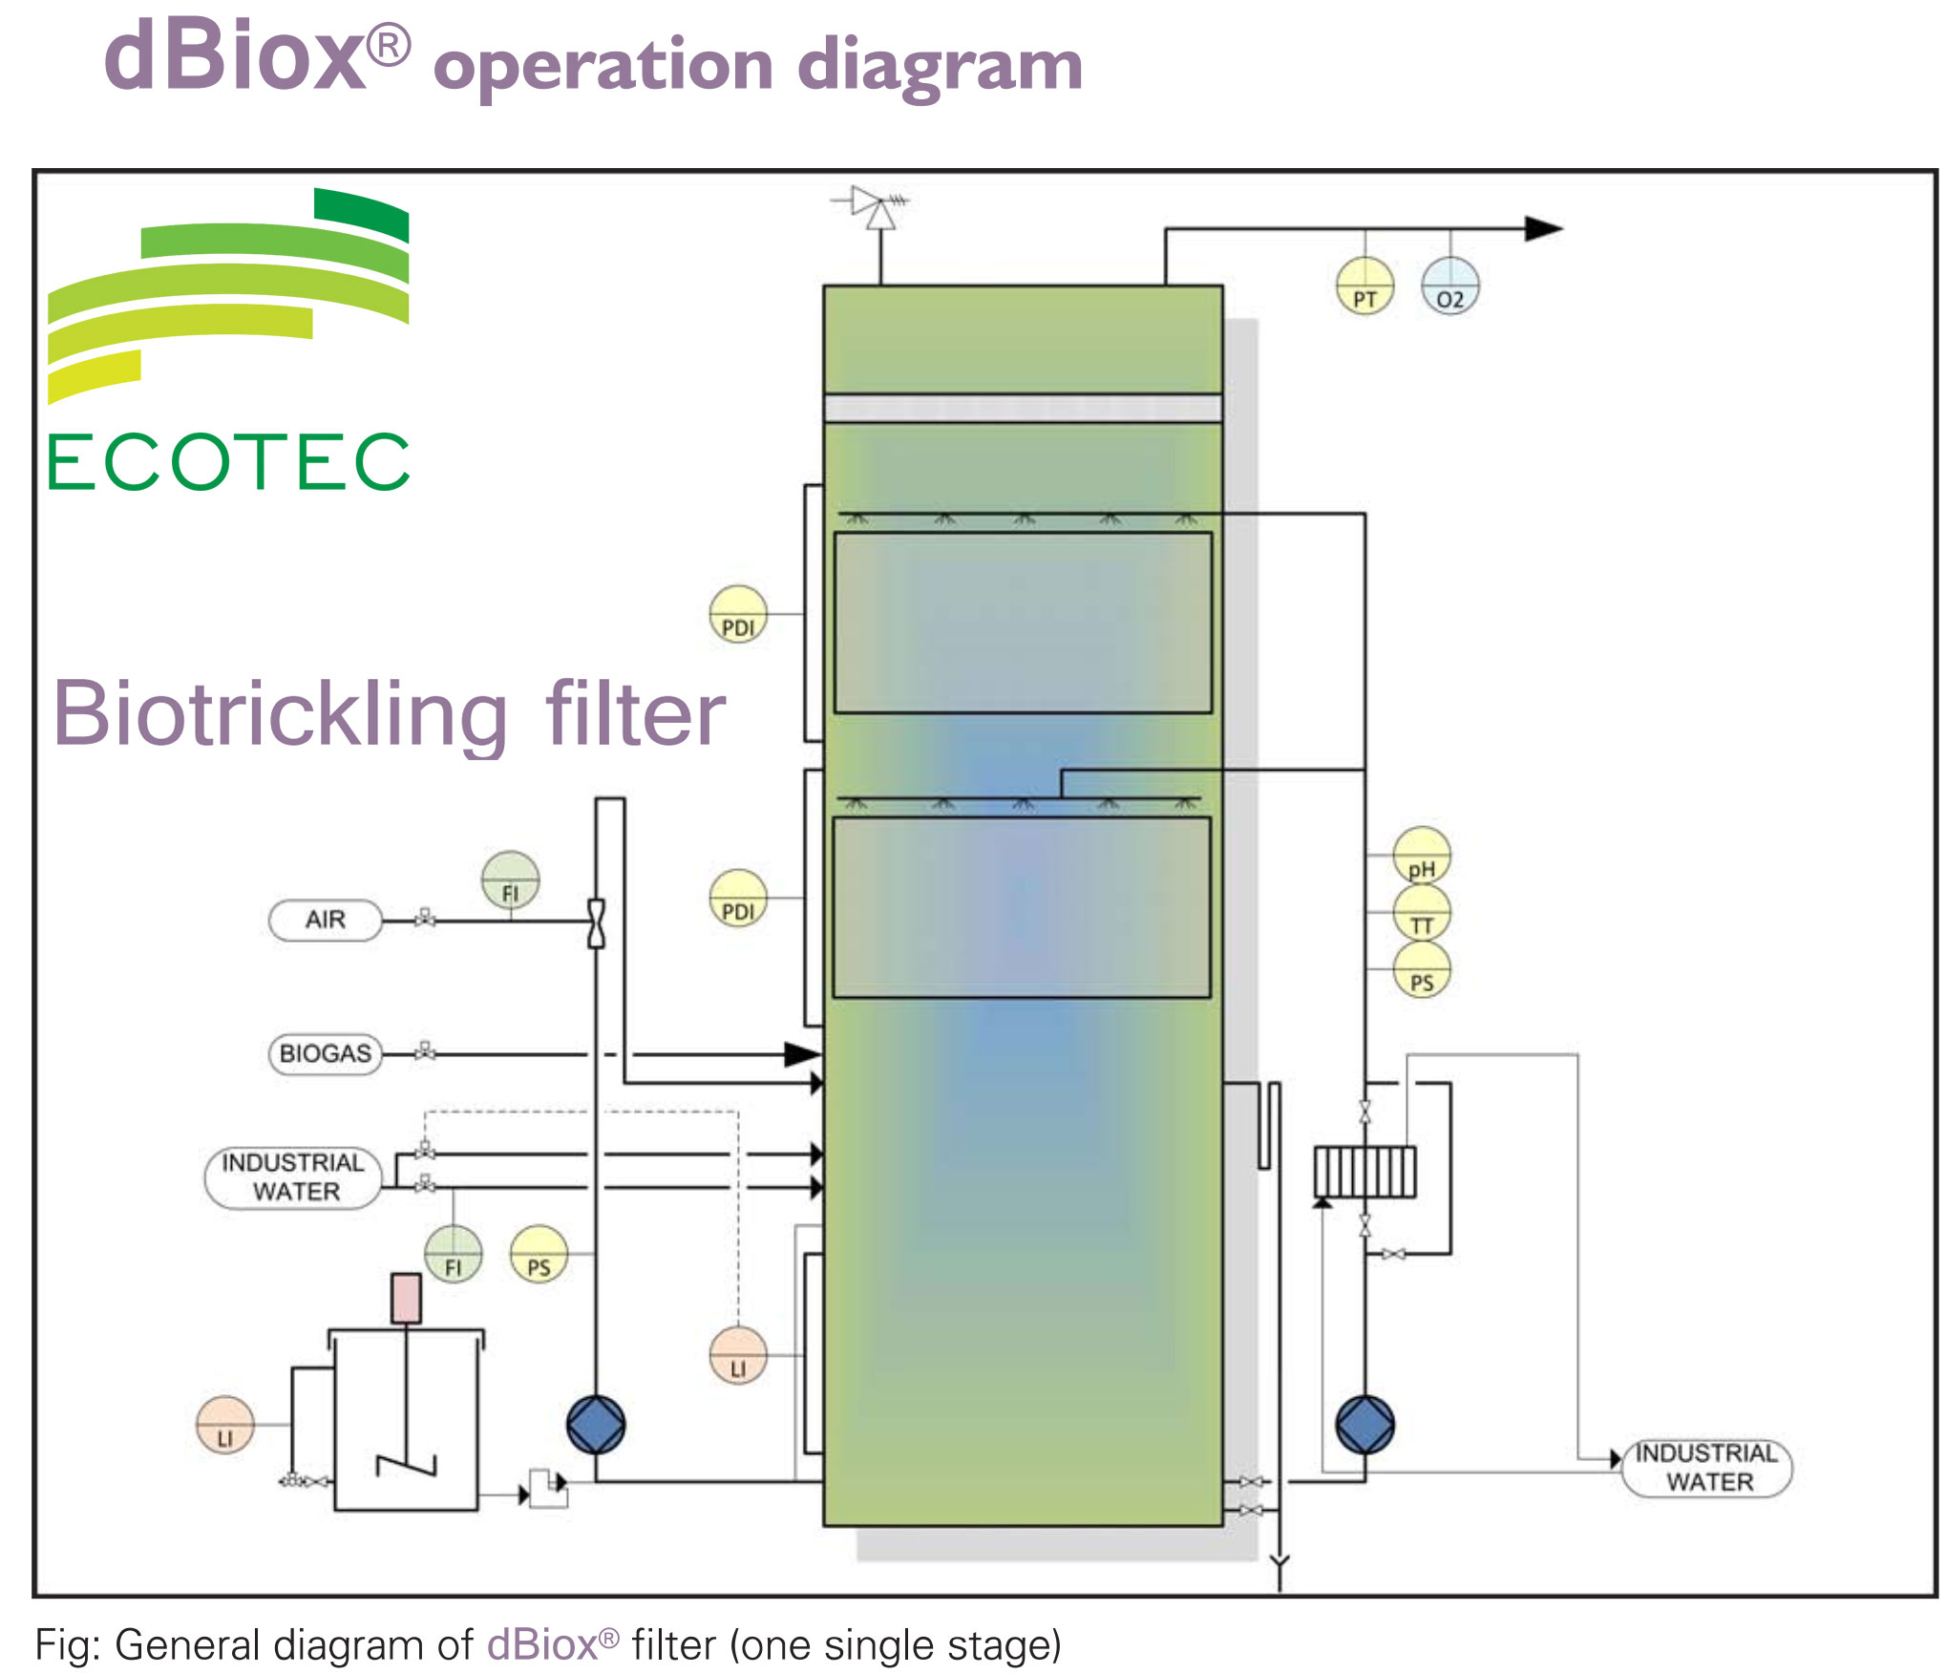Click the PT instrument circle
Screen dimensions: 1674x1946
tap(1364, 286)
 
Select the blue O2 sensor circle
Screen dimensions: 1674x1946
tap(1449, 286)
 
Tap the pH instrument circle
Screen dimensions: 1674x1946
tap(1421, 856)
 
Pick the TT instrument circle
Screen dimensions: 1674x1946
tap(1421, 913)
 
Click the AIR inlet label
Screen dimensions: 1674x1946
tap(326, 921)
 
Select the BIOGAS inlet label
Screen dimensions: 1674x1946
tap(326, 1054)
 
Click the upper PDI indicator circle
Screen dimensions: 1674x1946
tap(738, 614)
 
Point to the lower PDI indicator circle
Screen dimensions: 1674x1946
tap(738, 899)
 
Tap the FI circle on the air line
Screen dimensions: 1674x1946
tap(510, 880)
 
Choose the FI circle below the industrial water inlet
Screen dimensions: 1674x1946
tap(453, 1254)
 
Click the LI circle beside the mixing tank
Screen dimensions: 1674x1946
tap(224, 1425)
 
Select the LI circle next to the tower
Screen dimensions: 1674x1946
tap(738, 1355)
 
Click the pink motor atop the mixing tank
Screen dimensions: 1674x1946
tap(406, 1298)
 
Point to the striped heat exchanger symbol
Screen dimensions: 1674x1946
tap(1364, 1172)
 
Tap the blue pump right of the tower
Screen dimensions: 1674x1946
tap(1364, 1425)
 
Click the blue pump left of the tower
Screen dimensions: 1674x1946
tap(596, 1425)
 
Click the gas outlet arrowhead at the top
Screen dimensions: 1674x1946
tap(1541, 229)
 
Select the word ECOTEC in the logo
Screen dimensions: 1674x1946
tap(228, 462)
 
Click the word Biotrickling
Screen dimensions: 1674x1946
tap(280, 714)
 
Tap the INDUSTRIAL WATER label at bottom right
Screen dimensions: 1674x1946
tap(1706, 1468)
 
